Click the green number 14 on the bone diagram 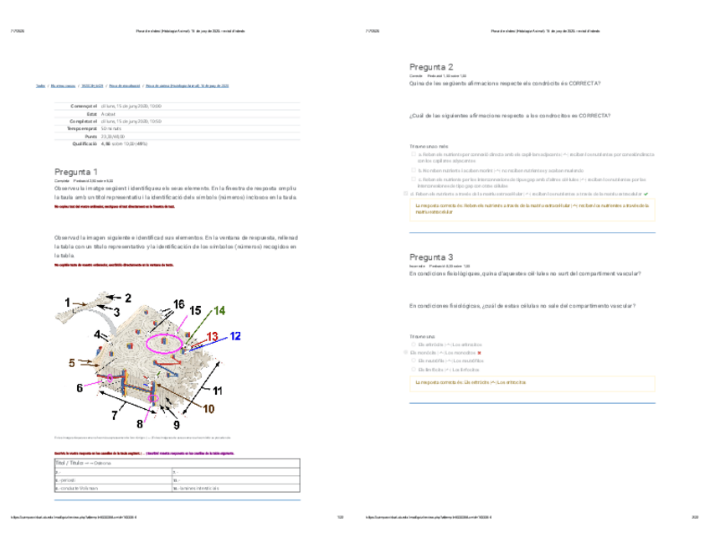(x=219, y=310)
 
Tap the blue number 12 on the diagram (x=235, y=335)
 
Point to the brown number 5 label (x=72, y=363)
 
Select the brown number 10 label (x=208, y=408)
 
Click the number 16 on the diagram (x=180, y=303)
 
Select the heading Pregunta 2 (x=431, y=67)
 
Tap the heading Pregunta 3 (x=431, y=256)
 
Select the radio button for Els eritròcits (x=414, y=344)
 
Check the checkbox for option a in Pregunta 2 (x=414, y=155)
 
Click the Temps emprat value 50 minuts (x=111, y=128)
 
